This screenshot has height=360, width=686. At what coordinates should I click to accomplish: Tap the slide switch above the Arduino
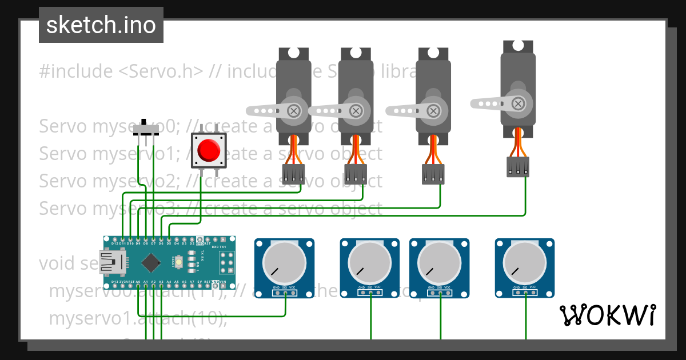coord(146,129)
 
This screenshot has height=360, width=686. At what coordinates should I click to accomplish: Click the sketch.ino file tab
coord(101,25)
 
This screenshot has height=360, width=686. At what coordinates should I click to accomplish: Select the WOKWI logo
coord(607,315)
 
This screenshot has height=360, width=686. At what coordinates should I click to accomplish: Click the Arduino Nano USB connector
coord(112,263)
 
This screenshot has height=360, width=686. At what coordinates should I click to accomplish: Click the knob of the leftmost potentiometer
coord(284,262)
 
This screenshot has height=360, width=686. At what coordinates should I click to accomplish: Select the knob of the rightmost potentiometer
coord(524,262)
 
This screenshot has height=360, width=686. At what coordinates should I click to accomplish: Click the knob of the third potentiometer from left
coord(439,262)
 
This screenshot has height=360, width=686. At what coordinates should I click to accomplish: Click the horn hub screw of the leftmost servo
coord(294,110)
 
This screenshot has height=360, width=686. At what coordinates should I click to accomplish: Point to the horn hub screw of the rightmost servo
coord(518,103)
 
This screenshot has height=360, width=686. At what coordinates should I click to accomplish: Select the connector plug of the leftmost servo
coord(294,174)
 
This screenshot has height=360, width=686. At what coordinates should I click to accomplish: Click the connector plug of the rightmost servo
coord(518,167)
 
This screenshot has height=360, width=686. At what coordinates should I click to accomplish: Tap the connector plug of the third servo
coord(433,174)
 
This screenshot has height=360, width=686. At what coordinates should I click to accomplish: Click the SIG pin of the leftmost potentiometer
coord(285,293)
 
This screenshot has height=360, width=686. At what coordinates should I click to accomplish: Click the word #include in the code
coord(76,72)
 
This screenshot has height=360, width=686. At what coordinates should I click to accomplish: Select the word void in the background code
coord(56,263)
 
